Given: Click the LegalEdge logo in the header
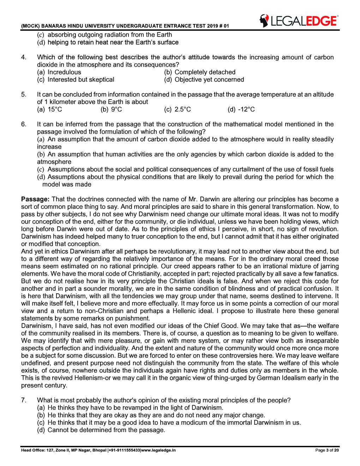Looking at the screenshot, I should [299, 21].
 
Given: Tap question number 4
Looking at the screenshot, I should [24, 57].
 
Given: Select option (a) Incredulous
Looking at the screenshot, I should [59, 72].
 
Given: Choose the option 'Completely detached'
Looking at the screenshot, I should [200, 72].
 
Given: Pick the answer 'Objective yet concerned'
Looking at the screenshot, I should [204, 79].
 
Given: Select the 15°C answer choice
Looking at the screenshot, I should [50, 109].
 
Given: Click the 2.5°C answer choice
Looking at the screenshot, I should [178, 109].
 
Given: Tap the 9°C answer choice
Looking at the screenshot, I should [112, 109].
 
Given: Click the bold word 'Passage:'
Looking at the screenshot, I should [35, 199].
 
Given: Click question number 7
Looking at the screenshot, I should [24, 400].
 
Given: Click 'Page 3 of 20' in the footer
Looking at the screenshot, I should [327, 450].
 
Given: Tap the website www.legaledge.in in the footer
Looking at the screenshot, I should [158, 450].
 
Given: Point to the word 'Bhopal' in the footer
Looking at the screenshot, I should [99, 450].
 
